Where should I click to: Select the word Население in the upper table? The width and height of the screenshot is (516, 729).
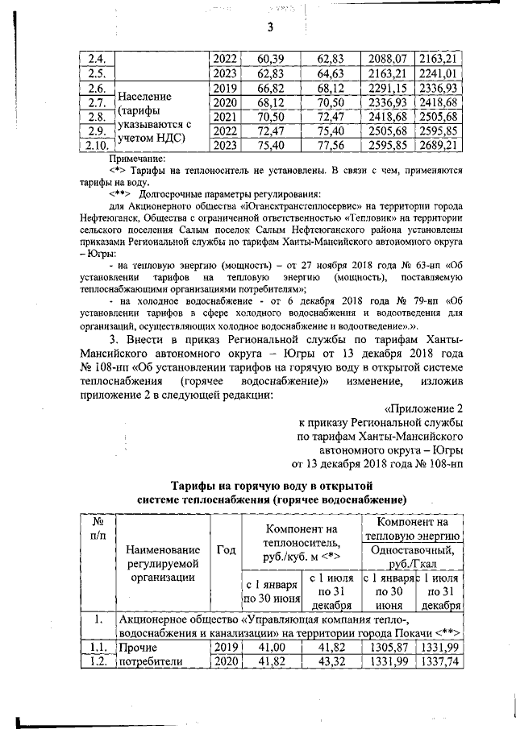point(147,96)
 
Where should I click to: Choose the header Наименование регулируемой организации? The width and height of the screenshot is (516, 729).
point(158,562)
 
